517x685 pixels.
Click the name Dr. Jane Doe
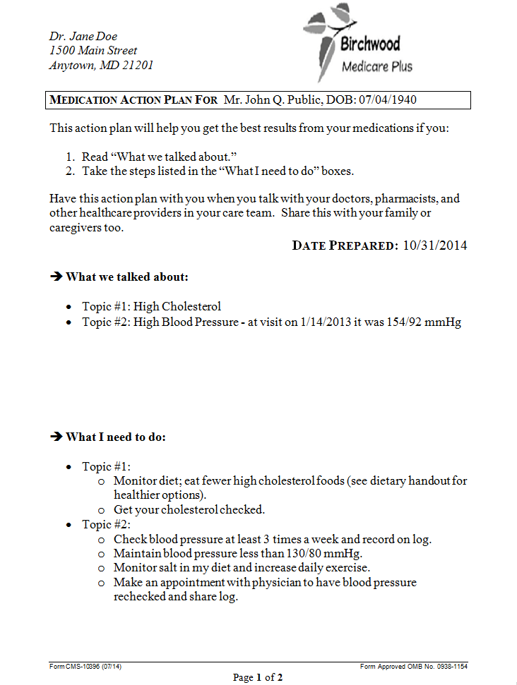[83, 36]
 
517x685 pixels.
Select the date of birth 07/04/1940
[388, 100]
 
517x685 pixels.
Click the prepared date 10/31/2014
[435, 245]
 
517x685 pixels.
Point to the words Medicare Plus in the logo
[376, 67]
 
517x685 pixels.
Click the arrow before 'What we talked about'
[57, 277]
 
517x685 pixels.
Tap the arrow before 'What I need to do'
[57, 437]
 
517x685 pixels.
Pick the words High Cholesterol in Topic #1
[177, 306]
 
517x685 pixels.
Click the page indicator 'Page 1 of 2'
[258, 678]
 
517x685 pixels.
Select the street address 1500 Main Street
[93, 51]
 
